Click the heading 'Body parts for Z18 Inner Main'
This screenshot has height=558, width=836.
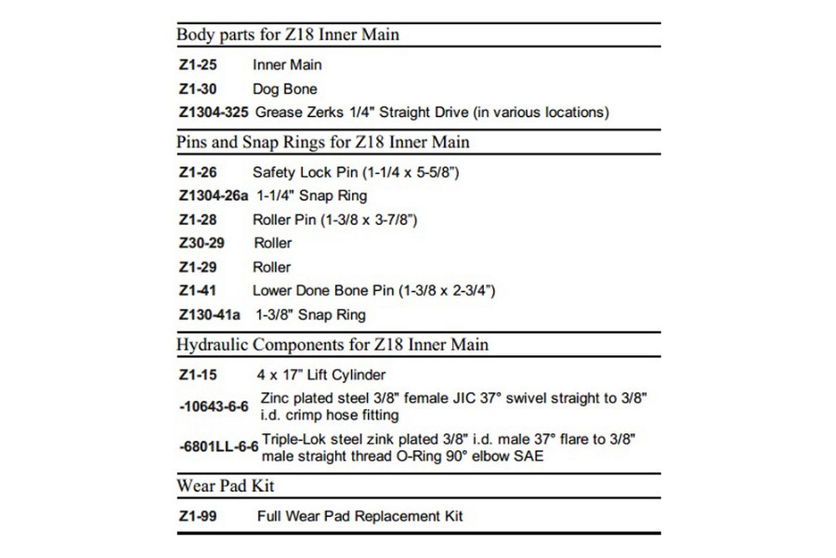pos(288,35)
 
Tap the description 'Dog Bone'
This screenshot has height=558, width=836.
pos(284,89)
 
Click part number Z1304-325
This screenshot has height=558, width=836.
pos(213,113)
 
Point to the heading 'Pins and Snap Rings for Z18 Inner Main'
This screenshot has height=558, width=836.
pos(322,142)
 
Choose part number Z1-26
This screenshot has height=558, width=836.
pos(195,172)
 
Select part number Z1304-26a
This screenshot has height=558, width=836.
pos(213,196)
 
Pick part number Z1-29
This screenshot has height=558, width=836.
pos(195,267)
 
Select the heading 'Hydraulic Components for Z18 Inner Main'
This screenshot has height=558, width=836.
pos(333,344)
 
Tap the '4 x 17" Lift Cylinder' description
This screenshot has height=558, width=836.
pos(320,375)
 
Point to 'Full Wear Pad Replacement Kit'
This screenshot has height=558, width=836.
pos(359,516)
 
